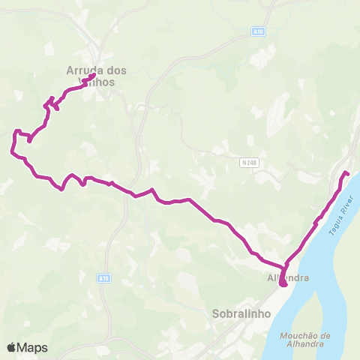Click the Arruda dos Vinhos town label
[96, 76]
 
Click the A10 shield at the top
[256, 31]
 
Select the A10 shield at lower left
[104, 277]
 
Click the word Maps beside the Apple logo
[32, 348]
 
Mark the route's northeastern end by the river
[346, 174]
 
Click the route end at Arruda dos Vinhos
[92, 76]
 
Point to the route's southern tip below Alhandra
[283, 284]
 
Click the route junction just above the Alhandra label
[286, 267]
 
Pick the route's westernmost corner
[11, 152]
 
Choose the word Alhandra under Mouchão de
[304, 344]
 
